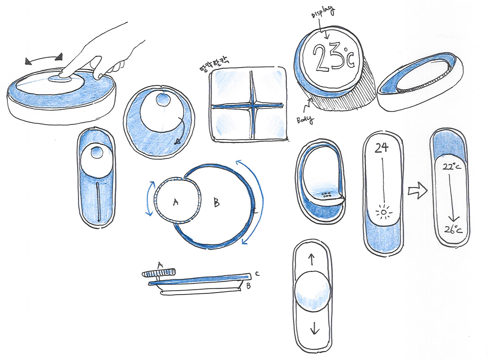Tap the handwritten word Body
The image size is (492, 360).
tap(305, 119)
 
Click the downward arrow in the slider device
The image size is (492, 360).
tap(314, 327)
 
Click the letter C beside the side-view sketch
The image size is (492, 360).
tap(257, 273)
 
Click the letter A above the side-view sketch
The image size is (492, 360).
tap(160, 267)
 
